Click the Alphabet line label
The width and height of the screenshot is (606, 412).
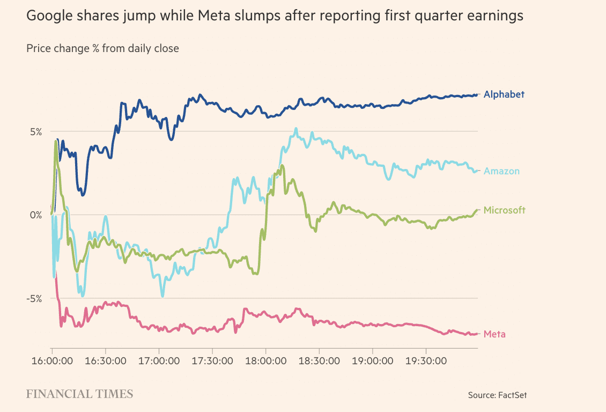504,94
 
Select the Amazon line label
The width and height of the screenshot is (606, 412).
501,171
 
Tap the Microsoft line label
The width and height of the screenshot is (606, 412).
504,210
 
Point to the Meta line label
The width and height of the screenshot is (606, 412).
494,334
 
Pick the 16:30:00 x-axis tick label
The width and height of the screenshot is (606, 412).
105,361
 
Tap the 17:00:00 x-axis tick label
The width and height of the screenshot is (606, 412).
159,361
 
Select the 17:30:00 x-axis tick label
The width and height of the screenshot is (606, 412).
212,361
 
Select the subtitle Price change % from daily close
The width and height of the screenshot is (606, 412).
102,48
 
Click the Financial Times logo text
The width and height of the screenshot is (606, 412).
79,394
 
